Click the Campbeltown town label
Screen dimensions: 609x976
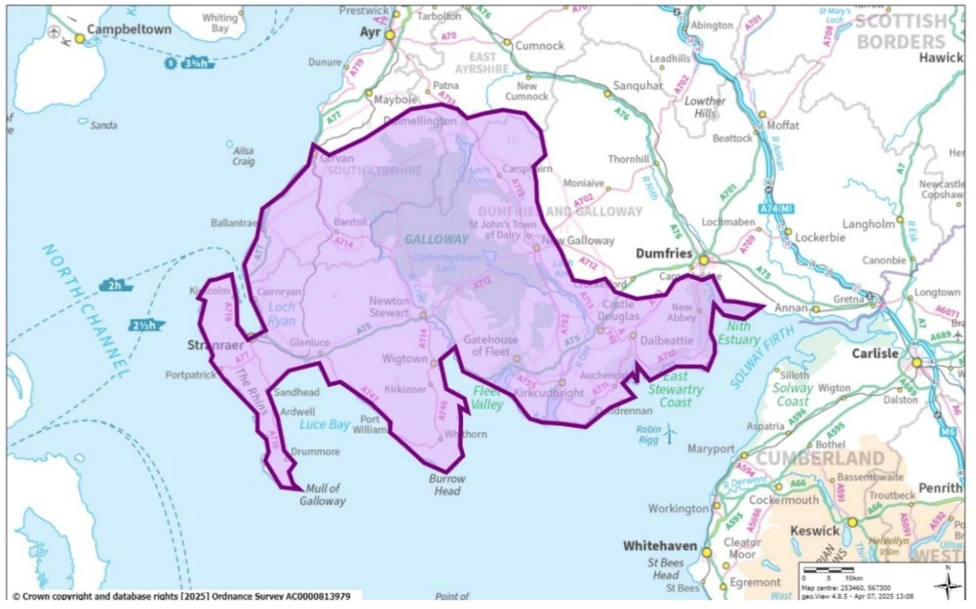click(129, 30)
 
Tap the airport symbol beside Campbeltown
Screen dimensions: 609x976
click(55, 32)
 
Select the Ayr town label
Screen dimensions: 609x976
click(371, 32)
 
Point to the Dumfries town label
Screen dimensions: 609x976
click(664, 253)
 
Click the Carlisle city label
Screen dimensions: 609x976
click(875, 353)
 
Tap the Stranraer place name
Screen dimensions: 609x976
click(215, 345)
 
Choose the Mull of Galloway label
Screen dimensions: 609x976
click(323, 494)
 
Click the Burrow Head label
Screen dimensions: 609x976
click(447, 485)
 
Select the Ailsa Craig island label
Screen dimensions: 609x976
click(244, 156)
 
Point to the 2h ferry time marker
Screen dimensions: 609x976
click(115, 285)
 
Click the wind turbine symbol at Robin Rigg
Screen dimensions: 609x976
click(670, 434)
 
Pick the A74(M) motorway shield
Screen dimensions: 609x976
click(776, 209)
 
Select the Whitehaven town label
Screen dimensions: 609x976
click(659, 546)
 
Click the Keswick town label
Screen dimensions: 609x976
click(815, 531)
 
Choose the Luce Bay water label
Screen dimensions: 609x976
click(325, 425)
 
